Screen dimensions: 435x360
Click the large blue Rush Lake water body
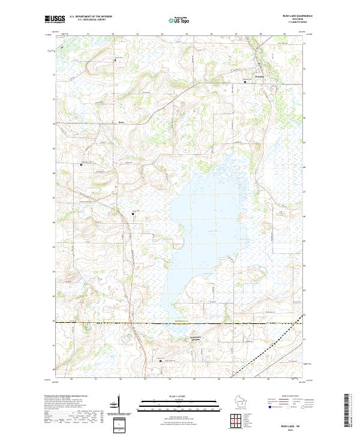click(204, 228)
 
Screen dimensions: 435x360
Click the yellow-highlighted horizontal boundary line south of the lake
click(180, 324)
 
